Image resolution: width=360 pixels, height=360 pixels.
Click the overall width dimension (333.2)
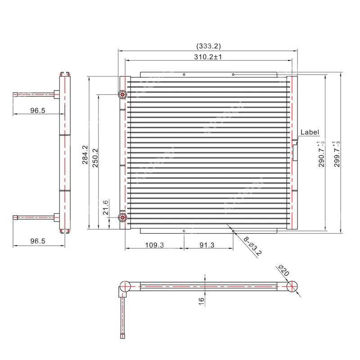(208, 46)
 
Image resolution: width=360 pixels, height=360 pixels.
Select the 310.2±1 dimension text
(208, 57)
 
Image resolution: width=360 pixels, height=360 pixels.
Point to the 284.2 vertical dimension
(85, 154)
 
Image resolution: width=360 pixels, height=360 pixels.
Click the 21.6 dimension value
(106, 208)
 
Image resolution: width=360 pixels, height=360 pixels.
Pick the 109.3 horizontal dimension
(154, 245)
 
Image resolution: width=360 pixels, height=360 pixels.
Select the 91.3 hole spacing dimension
(208, 245)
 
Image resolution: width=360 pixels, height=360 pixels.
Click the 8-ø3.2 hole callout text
(252, 246)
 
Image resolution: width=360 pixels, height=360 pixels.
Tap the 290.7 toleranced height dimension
(322, 154)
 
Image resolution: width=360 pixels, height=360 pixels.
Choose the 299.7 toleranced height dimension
(337, 154)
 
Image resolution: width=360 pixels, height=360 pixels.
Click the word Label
(310, 132)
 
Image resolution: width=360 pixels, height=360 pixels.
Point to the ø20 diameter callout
(283, 271)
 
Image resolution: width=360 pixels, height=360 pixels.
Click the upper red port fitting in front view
(122, 94)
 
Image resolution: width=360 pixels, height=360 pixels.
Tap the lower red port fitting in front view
(122, 218)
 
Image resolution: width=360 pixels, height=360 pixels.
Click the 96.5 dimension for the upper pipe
(38, 111)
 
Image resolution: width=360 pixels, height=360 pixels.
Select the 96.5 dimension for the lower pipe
(38, 241)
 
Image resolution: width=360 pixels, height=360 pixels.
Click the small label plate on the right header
(295, 152)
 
